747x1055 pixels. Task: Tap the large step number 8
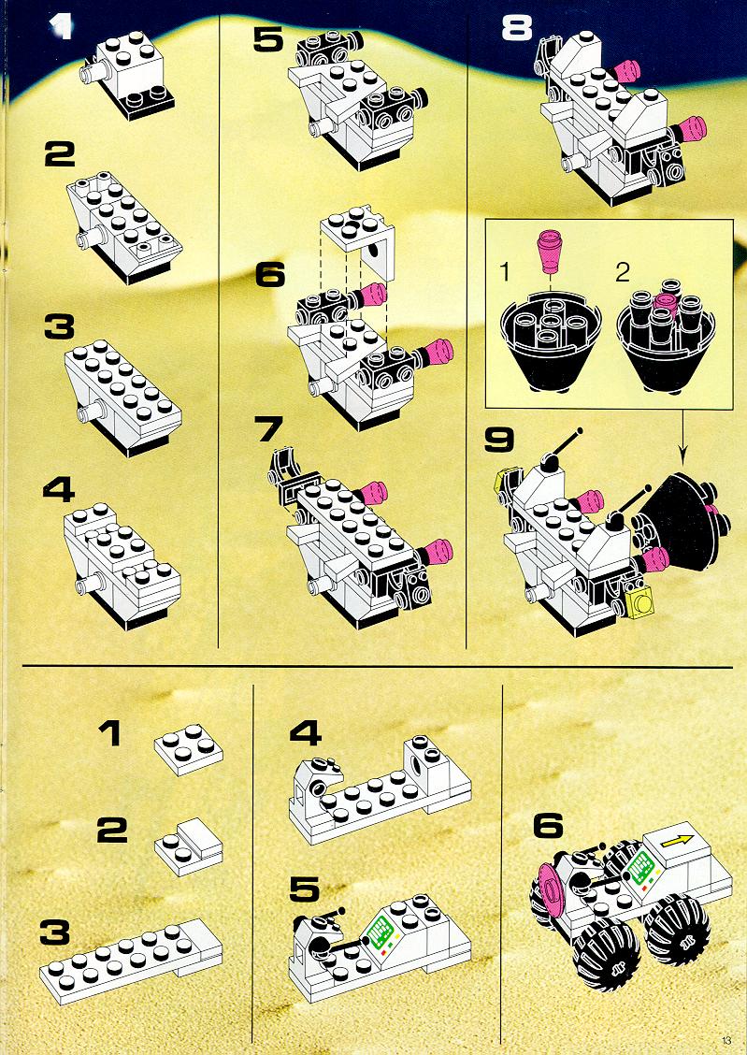(x=517, y=28)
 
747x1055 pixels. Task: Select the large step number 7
(x=269, y=428)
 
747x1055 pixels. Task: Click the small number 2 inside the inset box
(x=623, y=272)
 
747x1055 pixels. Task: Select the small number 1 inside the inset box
(x=505, y=272)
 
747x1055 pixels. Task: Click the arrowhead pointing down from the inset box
(x=683, y=459)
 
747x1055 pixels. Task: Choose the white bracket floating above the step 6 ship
(x=358, y=239)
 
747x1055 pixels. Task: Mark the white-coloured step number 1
(x=62, y=27)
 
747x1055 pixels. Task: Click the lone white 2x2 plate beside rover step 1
(x=188, y=748)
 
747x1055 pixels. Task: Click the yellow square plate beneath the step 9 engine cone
(x=640, y=599)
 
